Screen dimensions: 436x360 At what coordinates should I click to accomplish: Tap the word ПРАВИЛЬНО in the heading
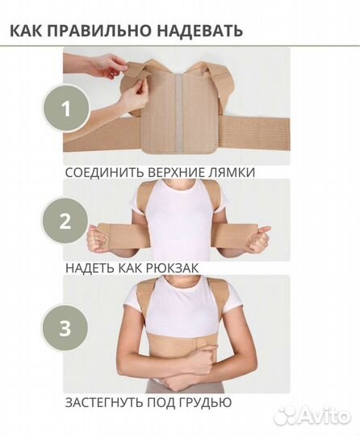click(100, 31)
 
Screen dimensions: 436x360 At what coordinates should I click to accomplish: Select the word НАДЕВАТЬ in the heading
click(197, 31)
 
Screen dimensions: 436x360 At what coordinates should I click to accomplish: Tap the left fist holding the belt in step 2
click(98, 240)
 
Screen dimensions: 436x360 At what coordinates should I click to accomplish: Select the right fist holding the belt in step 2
click(263, 239)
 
